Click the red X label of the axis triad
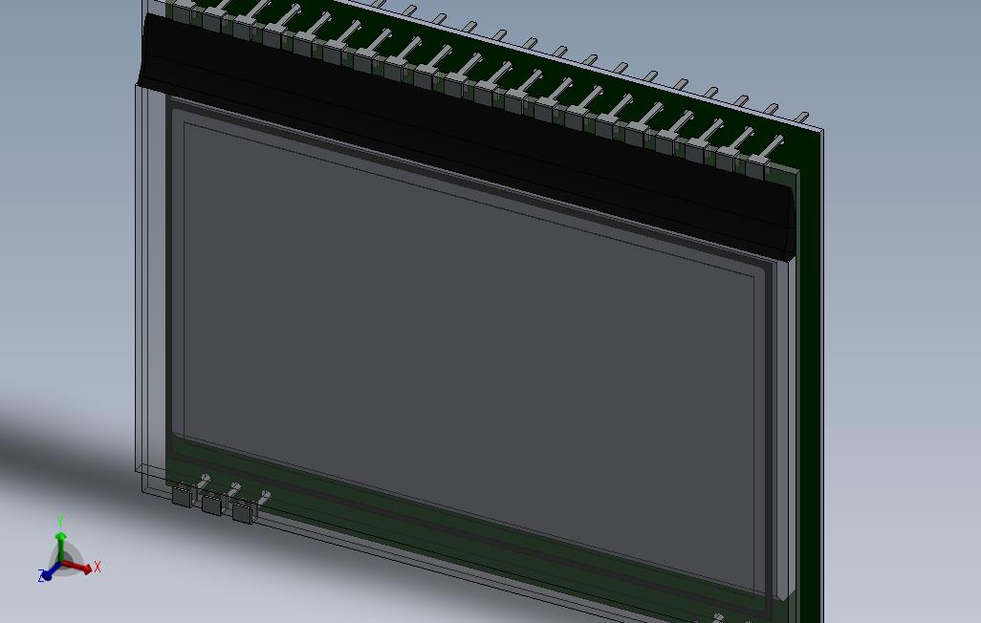pyautogui.click(x=98, y=568)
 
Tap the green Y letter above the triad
pyautogui.click(x=60, y=522)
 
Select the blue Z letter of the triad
pyautogui.click(x=42, y=576)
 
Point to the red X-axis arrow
pyautogui.click(x=82, y=567)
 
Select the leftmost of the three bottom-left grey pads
pyautogui.click(x=182, y=496)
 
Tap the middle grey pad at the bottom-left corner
pyautogui.click(x=211, y=505)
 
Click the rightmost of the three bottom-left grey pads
pyautogui.click(x=242, y=513)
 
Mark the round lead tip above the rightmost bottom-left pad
pyautogui.click(x=266, y=495)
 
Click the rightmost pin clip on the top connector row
pyautogui.click(x=756, y=169)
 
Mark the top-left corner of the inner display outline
pyautogui.click(x=185, y=122)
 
